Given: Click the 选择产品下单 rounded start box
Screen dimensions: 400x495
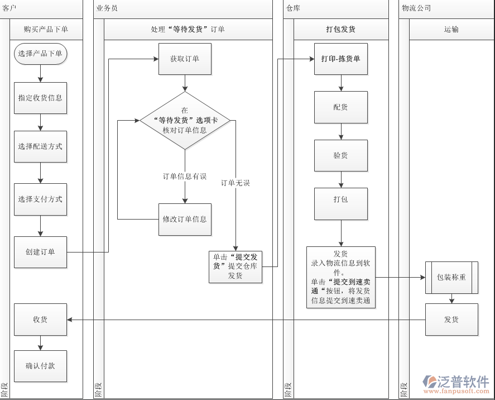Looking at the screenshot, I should [x=40, y=54].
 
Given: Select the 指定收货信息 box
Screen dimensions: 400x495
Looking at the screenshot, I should [x=40, y=98].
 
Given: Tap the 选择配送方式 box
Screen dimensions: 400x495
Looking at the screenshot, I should [x=40, y=147].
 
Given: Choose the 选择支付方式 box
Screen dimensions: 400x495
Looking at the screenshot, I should [x=40, y=199].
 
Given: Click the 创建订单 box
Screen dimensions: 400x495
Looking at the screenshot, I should [x=40, y=252].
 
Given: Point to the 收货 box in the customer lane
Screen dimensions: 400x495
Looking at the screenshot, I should [x=40, y=320].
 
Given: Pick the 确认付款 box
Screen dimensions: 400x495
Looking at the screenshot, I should [x=40, y=366].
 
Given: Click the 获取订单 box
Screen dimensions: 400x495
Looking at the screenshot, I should [x=185, y=59].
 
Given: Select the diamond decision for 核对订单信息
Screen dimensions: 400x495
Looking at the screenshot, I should [x=185, y=121].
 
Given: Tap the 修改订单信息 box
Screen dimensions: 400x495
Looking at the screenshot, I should [x=185, y=219].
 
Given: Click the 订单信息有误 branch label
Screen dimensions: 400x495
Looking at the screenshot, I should [x=185, y=177].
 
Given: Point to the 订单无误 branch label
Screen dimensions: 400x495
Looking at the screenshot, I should [x=236, y=183].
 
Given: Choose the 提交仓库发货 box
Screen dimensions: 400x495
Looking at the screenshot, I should [x=236, y=266].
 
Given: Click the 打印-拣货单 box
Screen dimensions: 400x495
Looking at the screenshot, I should [x=341, y=59].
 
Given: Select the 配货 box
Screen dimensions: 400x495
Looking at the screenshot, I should [x=341, y=107].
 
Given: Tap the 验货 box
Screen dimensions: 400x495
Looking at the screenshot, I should [x=341, y=155].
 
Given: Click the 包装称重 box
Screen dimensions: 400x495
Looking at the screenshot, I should [x=451, y=277].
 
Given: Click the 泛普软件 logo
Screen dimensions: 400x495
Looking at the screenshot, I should [x=456, y=383].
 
